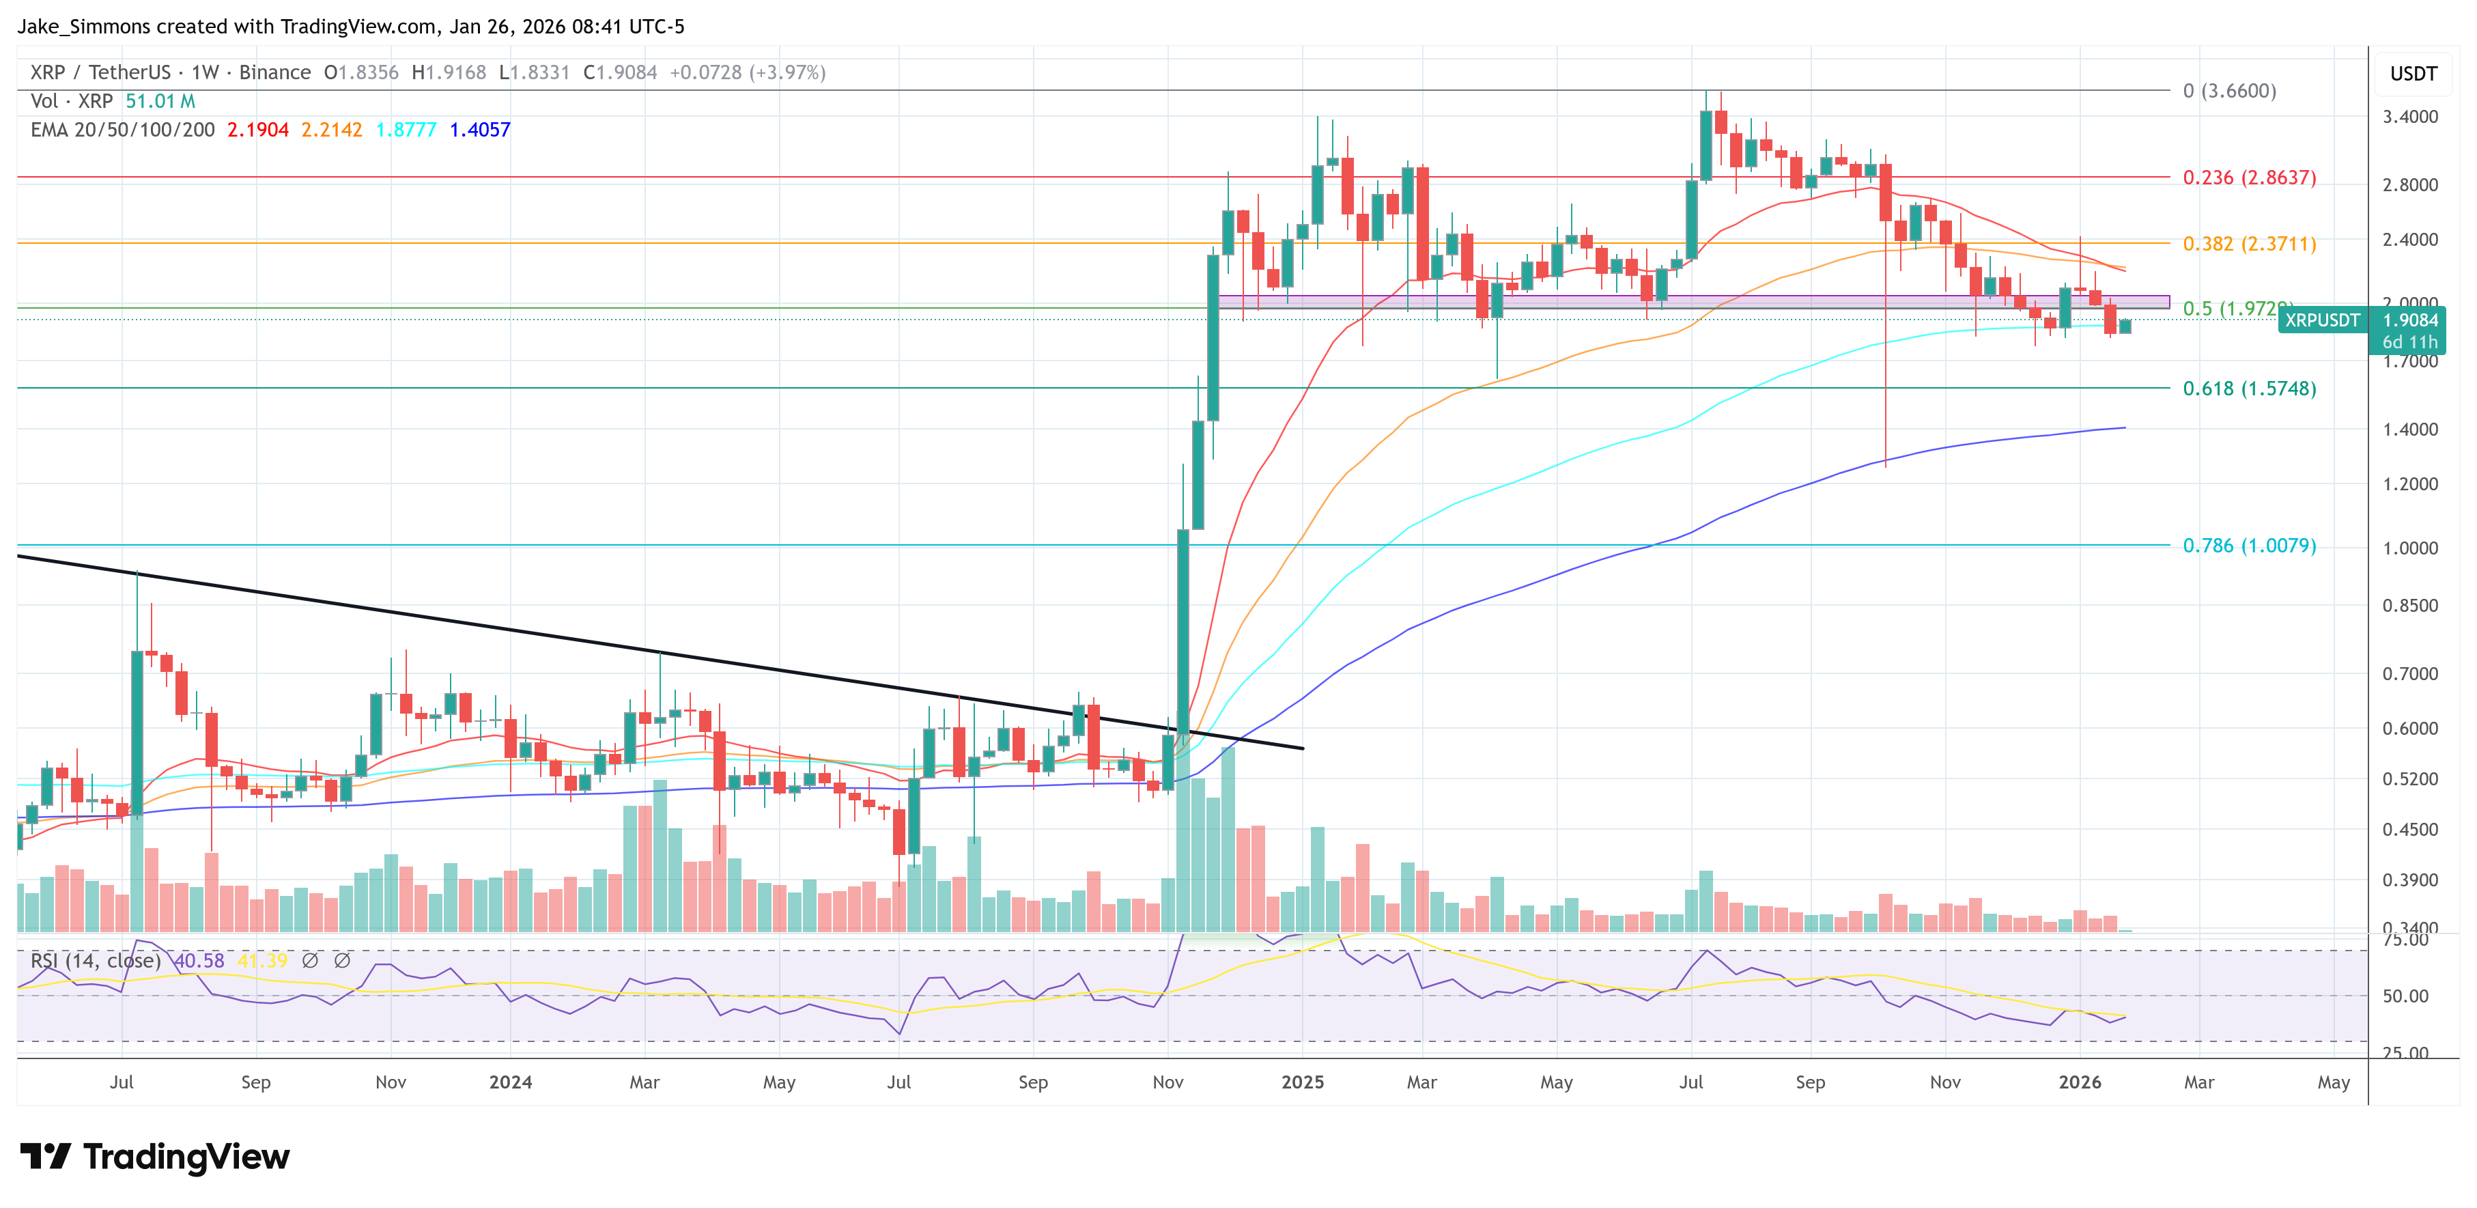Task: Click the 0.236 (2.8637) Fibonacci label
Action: click(2248, 178)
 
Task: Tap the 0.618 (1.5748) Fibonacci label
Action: click(2248, 389)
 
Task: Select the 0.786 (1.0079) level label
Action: click(2248, 546)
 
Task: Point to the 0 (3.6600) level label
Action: click(2229, 90)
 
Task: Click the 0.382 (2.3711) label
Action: click(2248, 243)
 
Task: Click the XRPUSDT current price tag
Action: click(2321, 320)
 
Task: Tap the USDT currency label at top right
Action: click(2413, 74)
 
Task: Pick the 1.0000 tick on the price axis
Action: click(2409, 548)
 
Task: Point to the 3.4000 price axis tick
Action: click(2409, 116)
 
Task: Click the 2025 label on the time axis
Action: click(1302, 1082)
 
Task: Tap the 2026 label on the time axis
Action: click(2079, 1082)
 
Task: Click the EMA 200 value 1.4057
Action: click(480, 130)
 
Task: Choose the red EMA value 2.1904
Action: click(257, 130)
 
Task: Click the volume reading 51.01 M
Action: click(160, 101)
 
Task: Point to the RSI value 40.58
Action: click(200, 961)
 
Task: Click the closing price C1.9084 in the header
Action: click(620, 72)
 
